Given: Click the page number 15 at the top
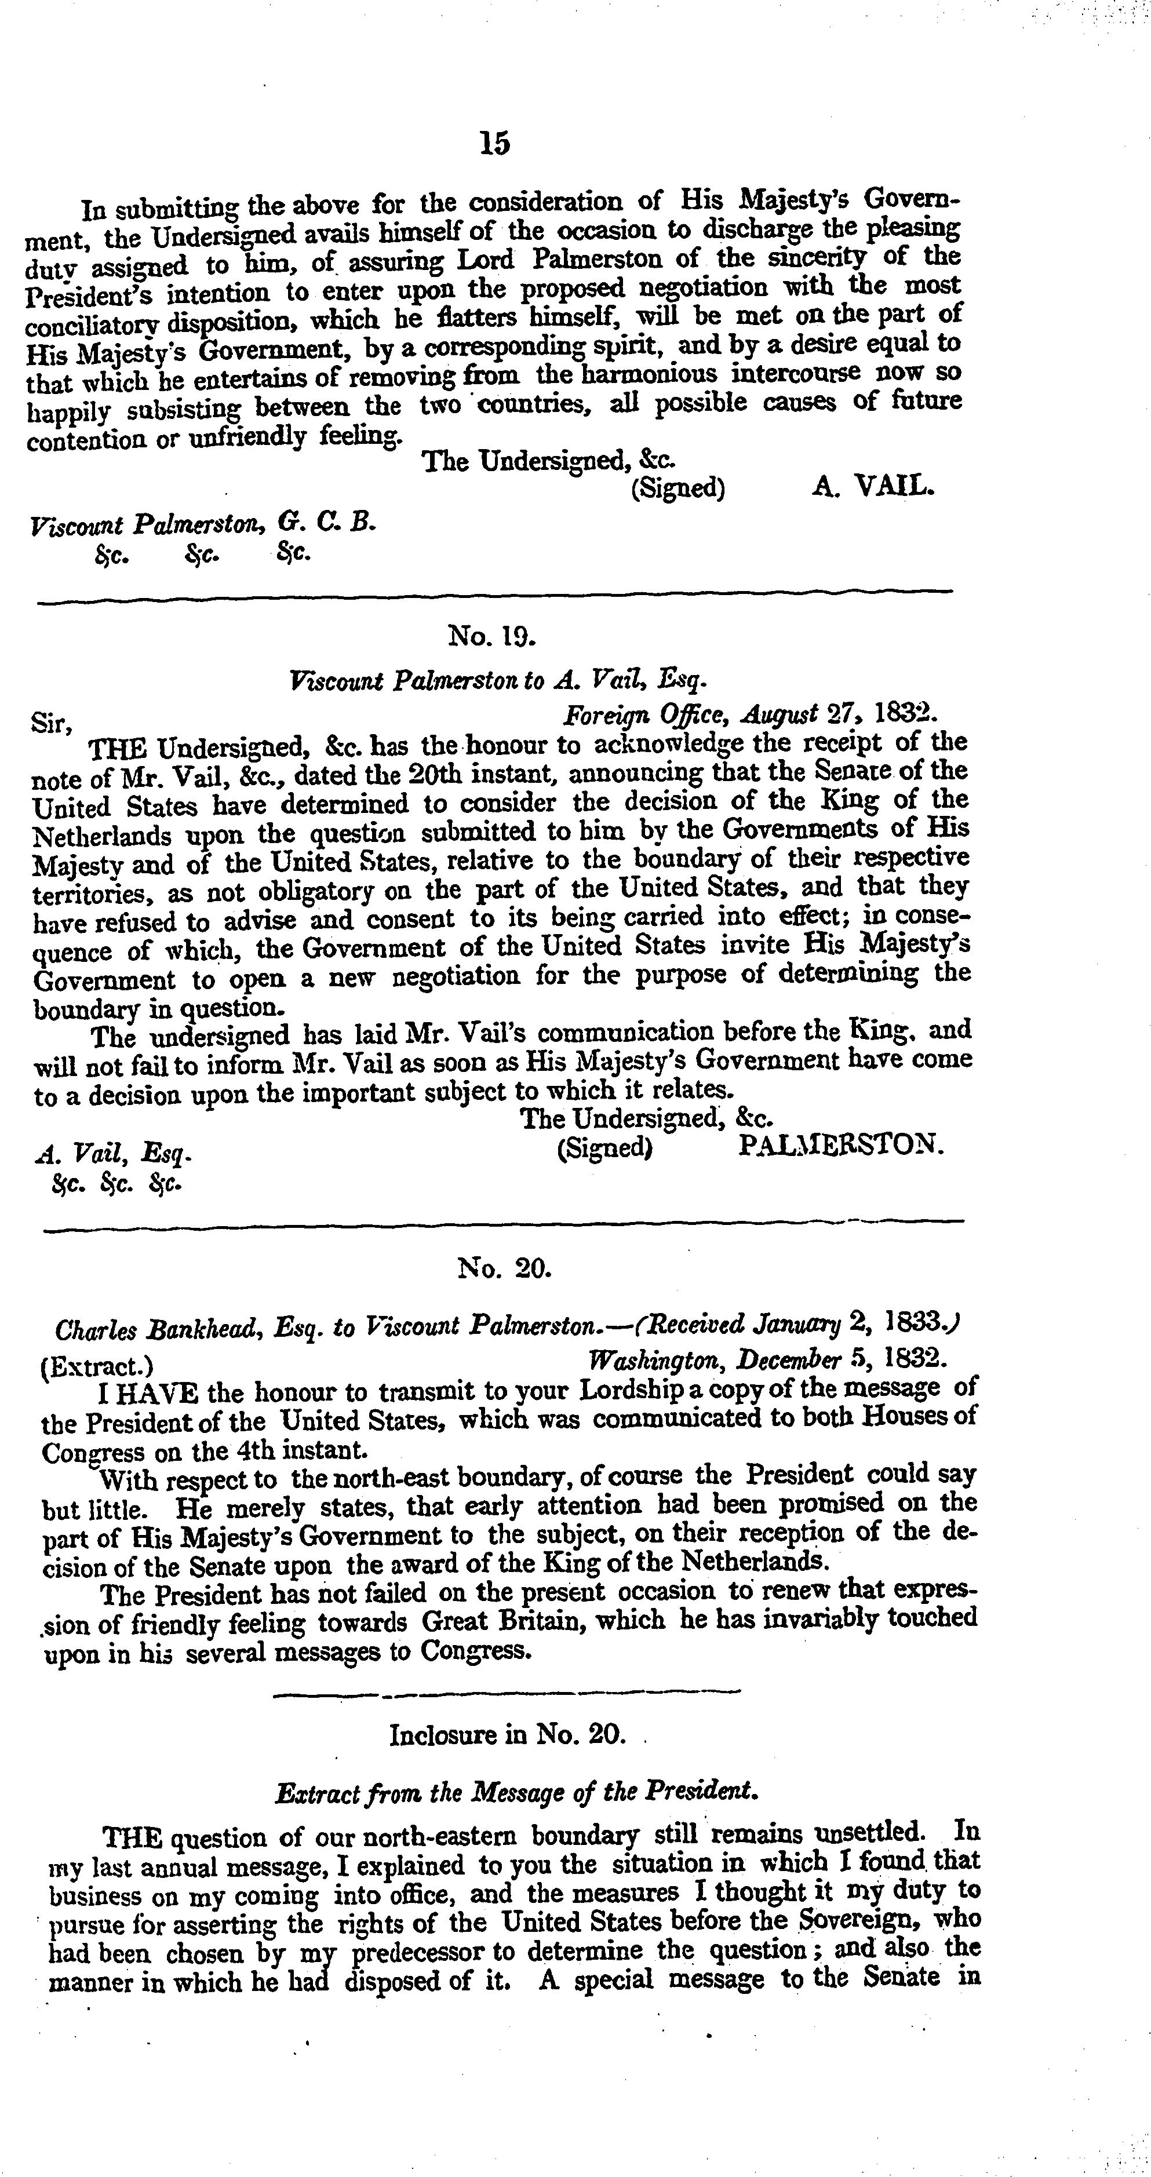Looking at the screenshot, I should (x=494, y=144).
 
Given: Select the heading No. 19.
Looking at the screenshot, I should (x=493, y=634).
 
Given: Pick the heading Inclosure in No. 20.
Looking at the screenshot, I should (x=507, y=1735).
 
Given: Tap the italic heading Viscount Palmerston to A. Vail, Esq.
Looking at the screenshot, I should (x=498, y=680).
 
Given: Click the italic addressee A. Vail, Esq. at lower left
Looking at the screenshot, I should (x=113, y=1153).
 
